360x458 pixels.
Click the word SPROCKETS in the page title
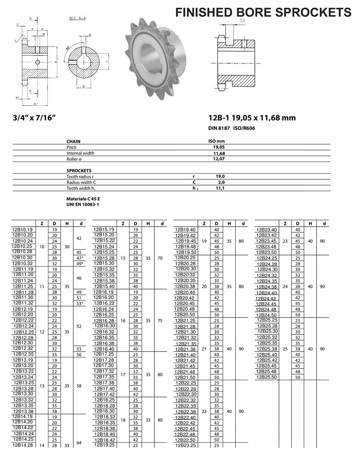[x=308, y=12]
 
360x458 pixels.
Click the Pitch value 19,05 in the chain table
[x=219, y=147]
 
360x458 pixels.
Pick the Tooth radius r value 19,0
[x=220, y=176]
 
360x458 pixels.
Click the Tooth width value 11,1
[x=220, y=188]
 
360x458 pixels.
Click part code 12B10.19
[x=22, y=230]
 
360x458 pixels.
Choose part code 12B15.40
[x=104, y=286]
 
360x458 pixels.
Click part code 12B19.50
[x=185, y=252]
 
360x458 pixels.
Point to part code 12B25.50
[x=267, y=377]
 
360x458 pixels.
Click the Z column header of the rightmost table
[x=285, y=224]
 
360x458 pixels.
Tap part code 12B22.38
[x=185, y=411]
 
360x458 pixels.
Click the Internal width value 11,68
[x=219, y=153]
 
